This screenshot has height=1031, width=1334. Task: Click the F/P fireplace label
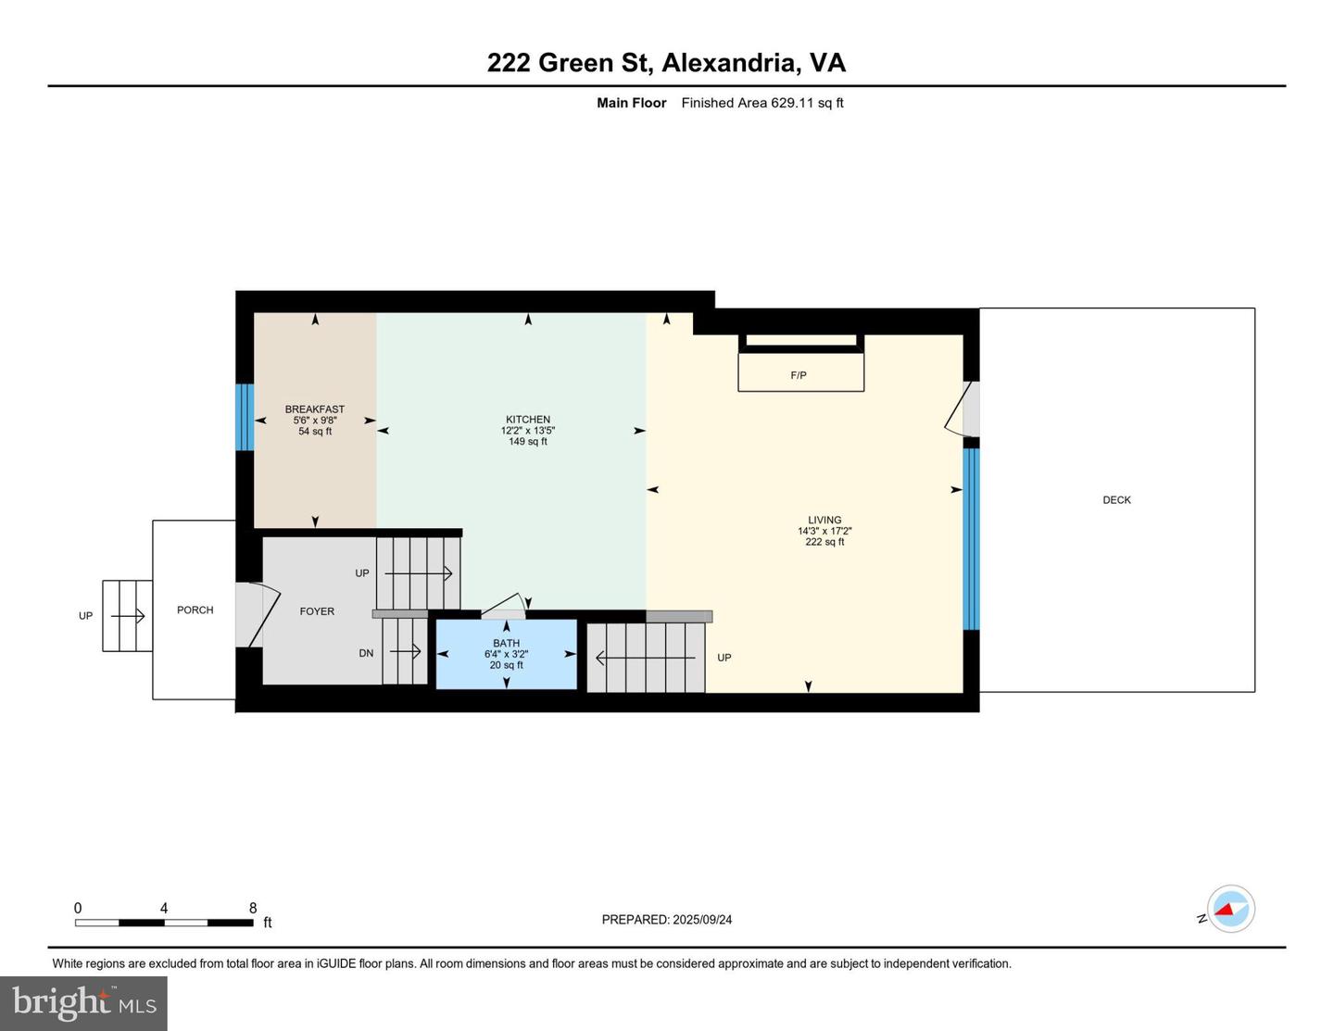pyautogui.click(x=798, y=375)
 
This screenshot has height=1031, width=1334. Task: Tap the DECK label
pyautogui.click(x=1116, y=500)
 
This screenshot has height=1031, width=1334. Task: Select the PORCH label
pyautogui.click(x=195, y=610)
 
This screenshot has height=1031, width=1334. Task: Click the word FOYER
pyautogui.click(x=317, y=611)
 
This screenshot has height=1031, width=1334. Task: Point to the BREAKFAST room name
pyautogui.click(x=315, y=409)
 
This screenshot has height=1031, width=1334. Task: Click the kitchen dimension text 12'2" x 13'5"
pyautogui.click(x=528, y=431)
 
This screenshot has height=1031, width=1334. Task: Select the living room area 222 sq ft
pyautogui.click(x=824, y=542)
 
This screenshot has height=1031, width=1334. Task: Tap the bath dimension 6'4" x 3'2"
pyautogui.click(x=507, y=654)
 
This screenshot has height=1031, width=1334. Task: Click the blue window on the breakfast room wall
pyautogui.click(x=245, y=417)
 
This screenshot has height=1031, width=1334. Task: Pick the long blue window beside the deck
pyautogui.click(x=971, y=539)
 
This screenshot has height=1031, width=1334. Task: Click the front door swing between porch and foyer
pyautogui.click(x=258, y=614)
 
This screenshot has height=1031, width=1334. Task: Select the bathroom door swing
pyautogui.click(x=503, y=606)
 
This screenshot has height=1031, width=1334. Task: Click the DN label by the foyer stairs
pyautogui.click(x=366, y=654)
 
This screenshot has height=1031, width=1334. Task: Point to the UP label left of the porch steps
pyautogui.click(x=85, y=615)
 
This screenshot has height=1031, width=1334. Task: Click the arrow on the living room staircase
pyautogui.click(x=645, y=658)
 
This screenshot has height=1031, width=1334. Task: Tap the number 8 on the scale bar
pyautogui.click(x=253, y=908)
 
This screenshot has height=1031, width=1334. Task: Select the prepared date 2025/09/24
pyautogui.click(x=702, y=920)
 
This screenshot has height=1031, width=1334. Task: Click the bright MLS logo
pyautogui.click(x=84, y=1003)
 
